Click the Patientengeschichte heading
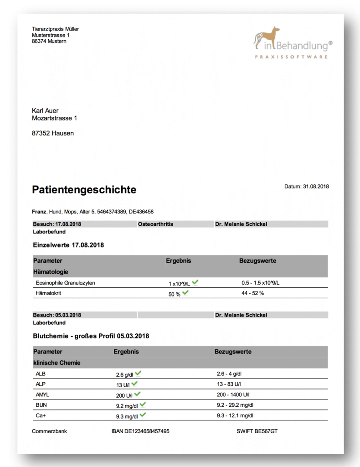[x=84, y=190]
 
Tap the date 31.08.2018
[x=316, y=187]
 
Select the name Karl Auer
[x=45, y=111]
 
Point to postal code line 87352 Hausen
[x=53, y=133]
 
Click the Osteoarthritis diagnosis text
[x=155, y=224]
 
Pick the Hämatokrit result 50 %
[x=175, y=294]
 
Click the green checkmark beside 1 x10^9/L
[x=195, y=282]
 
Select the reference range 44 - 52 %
[x=252, y=293]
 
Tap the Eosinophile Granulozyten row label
[x=65, y=283]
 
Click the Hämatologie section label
[x=51, y=272]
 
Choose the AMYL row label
[x=42, y=394]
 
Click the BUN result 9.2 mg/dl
[x=127, y=405]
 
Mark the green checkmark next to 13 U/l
[x=134, y=384]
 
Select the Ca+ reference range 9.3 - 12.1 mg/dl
[x=235, y=415]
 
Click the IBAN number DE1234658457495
[x=140, y=431]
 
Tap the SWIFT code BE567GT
[x=257, y=431]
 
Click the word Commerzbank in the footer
[x=49, y=431]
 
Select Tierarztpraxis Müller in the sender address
[x=55, y=29]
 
